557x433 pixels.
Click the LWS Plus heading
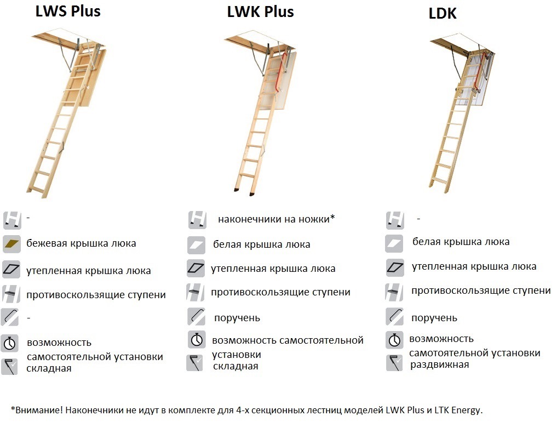(68, 11)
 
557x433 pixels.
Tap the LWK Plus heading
(260, 12)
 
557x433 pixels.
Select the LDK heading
(443, 14)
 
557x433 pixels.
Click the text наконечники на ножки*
(277, 219)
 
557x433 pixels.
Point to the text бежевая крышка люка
(81, 243)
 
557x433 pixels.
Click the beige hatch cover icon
(12, 244)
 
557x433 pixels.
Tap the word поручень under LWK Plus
(237, 318)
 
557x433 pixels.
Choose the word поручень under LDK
(434, 318)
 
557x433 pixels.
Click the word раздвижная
(439, 364)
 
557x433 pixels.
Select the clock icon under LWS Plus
(10, 343)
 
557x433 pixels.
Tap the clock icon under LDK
(394, 340)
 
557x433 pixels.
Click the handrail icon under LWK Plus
(197, 316)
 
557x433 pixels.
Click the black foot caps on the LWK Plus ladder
(244, 192)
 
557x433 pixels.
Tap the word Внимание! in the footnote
(37, 410)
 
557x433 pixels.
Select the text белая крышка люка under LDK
(461, 242)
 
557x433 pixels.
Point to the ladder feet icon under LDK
(395, 220)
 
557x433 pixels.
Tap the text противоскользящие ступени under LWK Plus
(280, 292)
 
